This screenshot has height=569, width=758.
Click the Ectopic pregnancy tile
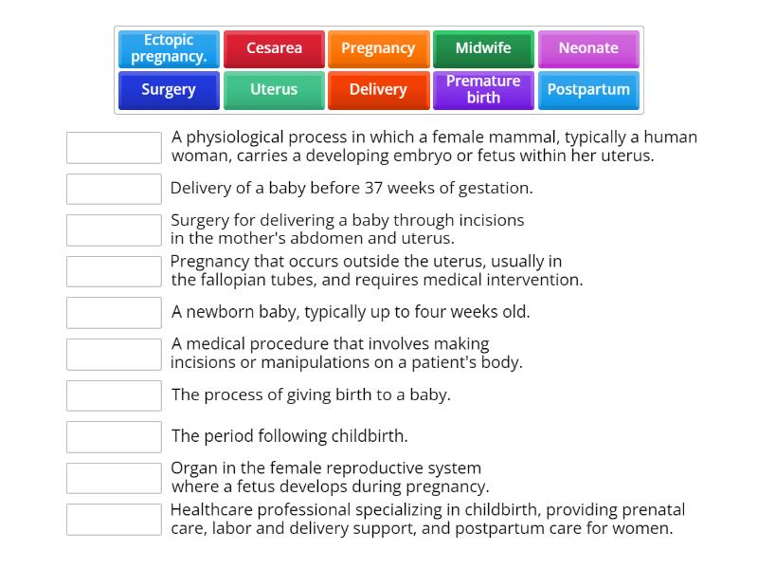tap(169, 48)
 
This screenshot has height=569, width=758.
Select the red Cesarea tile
tap(274, 48)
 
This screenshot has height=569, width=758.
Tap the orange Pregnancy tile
tap(378, 48)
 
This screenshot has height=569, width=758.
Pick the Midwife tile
tap(483, 48)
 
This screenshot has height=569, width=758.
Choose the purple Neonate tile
tap(588, 48)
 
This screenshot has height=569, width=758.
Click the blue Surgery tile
tap(169, 90)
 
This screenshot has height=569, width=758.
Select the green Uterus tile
tap(274, 90)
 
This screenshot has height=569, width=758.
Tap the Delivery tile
tap(378, 90)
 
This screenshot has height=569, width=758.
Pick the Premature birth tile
tap(483, 90)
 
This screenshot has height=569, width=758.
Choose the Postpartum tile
tap(588, 90)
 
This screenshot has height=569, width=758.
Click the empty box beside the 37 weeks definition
tap(114, 189)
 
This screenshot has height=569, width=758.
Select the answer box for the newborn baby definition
tap(114, 312)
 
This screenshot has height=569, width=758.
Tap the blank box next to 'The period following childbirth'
tap(114, 437)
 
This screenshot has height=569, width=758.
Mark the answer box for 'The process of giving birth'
tap(114, 395)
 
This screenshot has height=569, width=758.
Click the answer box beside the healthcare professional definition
tap(114, 520)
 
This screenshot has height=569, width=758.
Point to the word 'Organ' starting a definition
tap(193, 468)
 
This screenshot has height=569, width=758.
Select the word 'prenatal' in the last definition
tap(653, 509)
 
